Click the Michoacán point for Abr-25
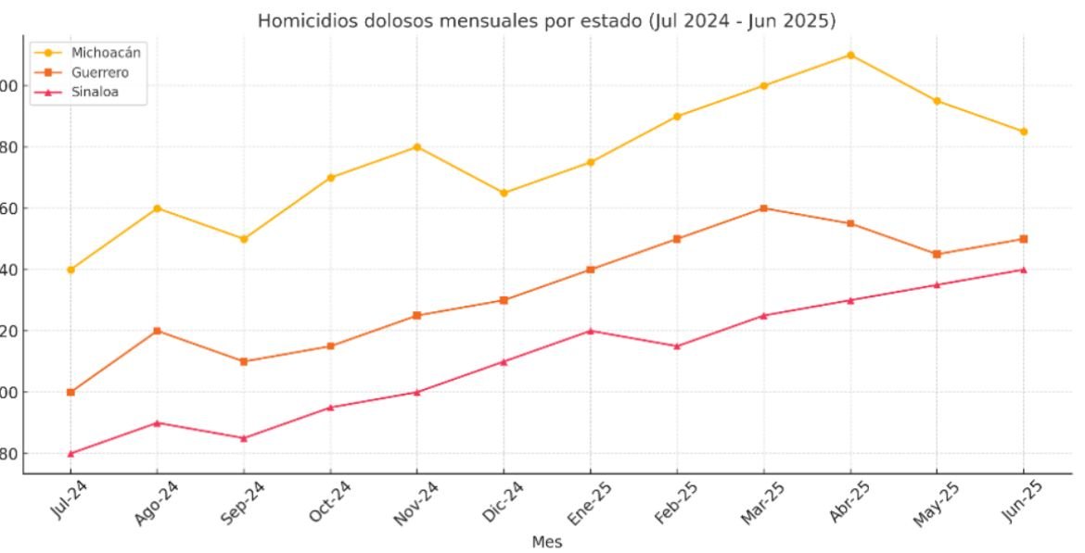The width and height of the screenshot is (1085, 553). click(x=850, y=55)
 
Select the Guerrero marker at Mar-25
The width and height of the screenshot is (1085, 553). click(x=763, y=208)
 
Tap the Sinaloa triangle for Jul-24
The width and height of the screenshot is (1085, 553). click(x=70, y=454)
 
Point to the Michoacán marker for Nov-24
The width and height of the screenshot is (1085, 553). click(x=417, y=147)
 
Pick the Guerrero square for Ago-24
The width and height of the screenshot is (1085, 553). click(x=158, y=331)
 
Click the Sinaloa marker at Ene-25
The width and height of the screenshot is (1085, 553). click(x=591, y=331)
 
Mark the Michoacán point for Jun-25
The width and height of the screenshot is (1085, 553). click(x=1024, y=132)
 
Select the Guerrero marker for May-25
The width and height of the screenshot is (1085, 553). click(x=937, y=254)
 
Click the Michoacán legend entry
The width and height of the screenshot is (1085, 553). click(x=106, y=53)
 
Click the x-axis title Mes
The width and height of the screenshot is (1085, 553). click(x=546, y=542)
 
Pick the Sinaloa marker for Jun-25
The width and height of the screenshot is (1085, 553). click(x=1024, y=270)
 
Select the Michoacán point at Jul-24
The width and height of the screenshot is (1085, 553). click(x=70, y=270)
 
